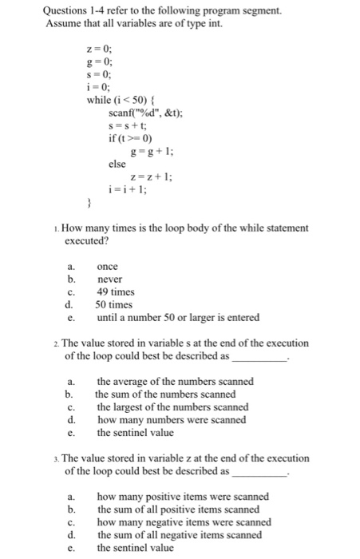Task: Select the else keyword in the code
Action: (x=117, y=164)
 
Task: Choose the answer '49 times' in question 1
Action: (x=115, y=291)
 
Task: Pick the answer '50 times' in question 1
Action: (x=115, y=304)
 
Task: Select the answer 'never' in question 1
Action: (x=110, y=279)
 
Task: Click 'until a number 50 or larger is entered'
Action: (x=177, y=317)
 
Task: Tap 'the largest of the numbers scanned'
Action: (x=172, y=406)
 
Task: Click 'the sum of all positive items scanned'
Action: (x=179, y=509)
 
